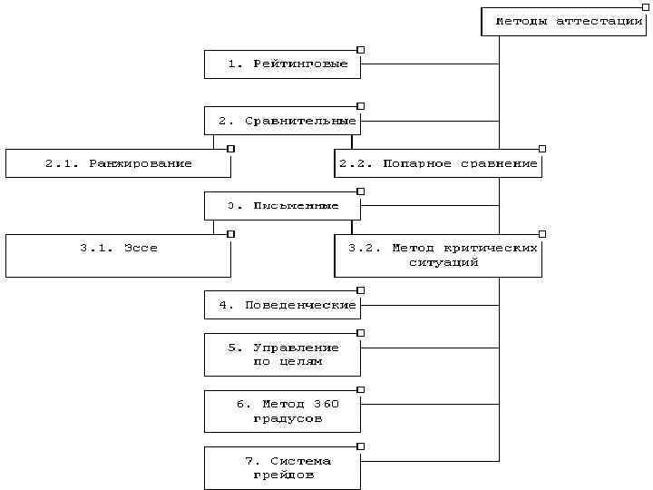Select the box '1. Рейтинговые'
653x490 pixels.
[x=282, y=64]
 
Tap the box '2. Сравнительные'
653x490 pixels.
[x=282, y=121]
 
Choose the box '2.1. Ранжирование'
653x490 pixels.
[x=118, y=163]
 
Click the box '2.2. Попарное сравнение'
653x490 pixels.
[x=438, y=163]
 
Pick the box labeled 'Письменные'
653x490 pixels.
[x=282, y=206]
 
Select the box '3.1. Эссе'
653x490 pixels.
[x=118, y=255]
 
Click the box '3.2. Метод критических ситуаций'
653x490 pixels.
[x=438, y=255]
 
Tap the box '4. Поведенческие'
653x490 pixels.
[x=282, y=305]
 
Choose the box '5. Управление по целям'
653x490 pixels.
[x=282, y=354]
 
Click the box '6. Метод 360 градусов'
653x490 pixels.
[x=282, y=411]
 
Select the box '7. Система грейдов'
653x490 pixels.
[x=282, y=467]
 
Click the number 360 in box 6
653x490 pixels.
[x=326, y=404]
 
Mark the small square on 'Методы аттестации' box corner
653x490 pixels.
[x=645, y=7]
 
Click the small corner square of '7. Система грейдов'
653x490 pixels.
[x=360, y=446]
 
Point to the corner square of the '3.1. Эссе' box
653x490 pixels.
[x=230, y=234]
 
